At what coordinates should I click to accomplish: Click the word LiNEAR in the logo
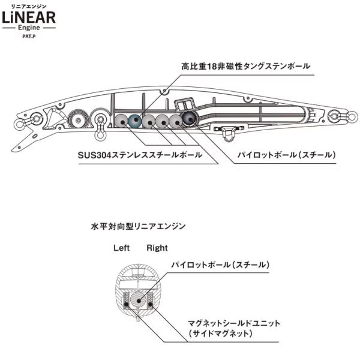pos(29,17)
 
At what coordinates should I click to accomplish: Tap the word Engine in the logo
pos(29,28)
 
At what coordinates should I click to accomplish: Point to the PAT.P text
pos(29,36)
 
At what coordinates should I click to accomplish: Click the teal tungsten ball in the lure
pos(134,121)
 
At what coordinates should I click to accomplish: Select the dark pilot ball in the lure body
pos(190,118)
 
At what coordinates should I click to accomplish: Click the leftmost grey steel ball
pos(121,121)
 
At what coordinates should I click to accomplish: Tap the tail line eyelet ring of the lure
pos(352,116)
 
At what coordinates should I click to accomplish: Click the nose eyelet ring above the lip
pos(19,124)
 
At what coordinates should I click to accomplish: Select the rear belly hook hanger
pos(228,133)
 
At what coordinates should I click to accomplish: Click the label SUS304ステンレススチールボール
pos(140,155)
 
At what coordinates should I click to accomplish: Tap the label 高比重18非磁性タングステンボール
pos(245,67)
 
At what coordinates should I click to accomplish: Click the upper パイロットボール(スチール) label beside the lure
pos(286,155)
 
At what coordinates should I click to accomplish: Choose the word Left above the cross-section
pos(121,248)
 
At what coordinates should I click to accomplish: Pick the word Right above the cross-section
pos(157,248)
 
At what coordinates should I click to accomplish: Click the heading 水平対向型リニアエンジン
pos(138,227)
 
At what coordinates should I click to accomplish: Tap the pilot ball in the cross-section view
pos(138,301)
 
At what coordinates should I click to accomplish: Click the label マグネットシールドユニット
pos(234,323)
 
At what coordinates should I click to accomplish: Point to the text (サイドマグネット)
pos(221,334)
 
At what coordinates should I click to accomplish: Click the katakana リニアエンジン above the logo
pos(29,7)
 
